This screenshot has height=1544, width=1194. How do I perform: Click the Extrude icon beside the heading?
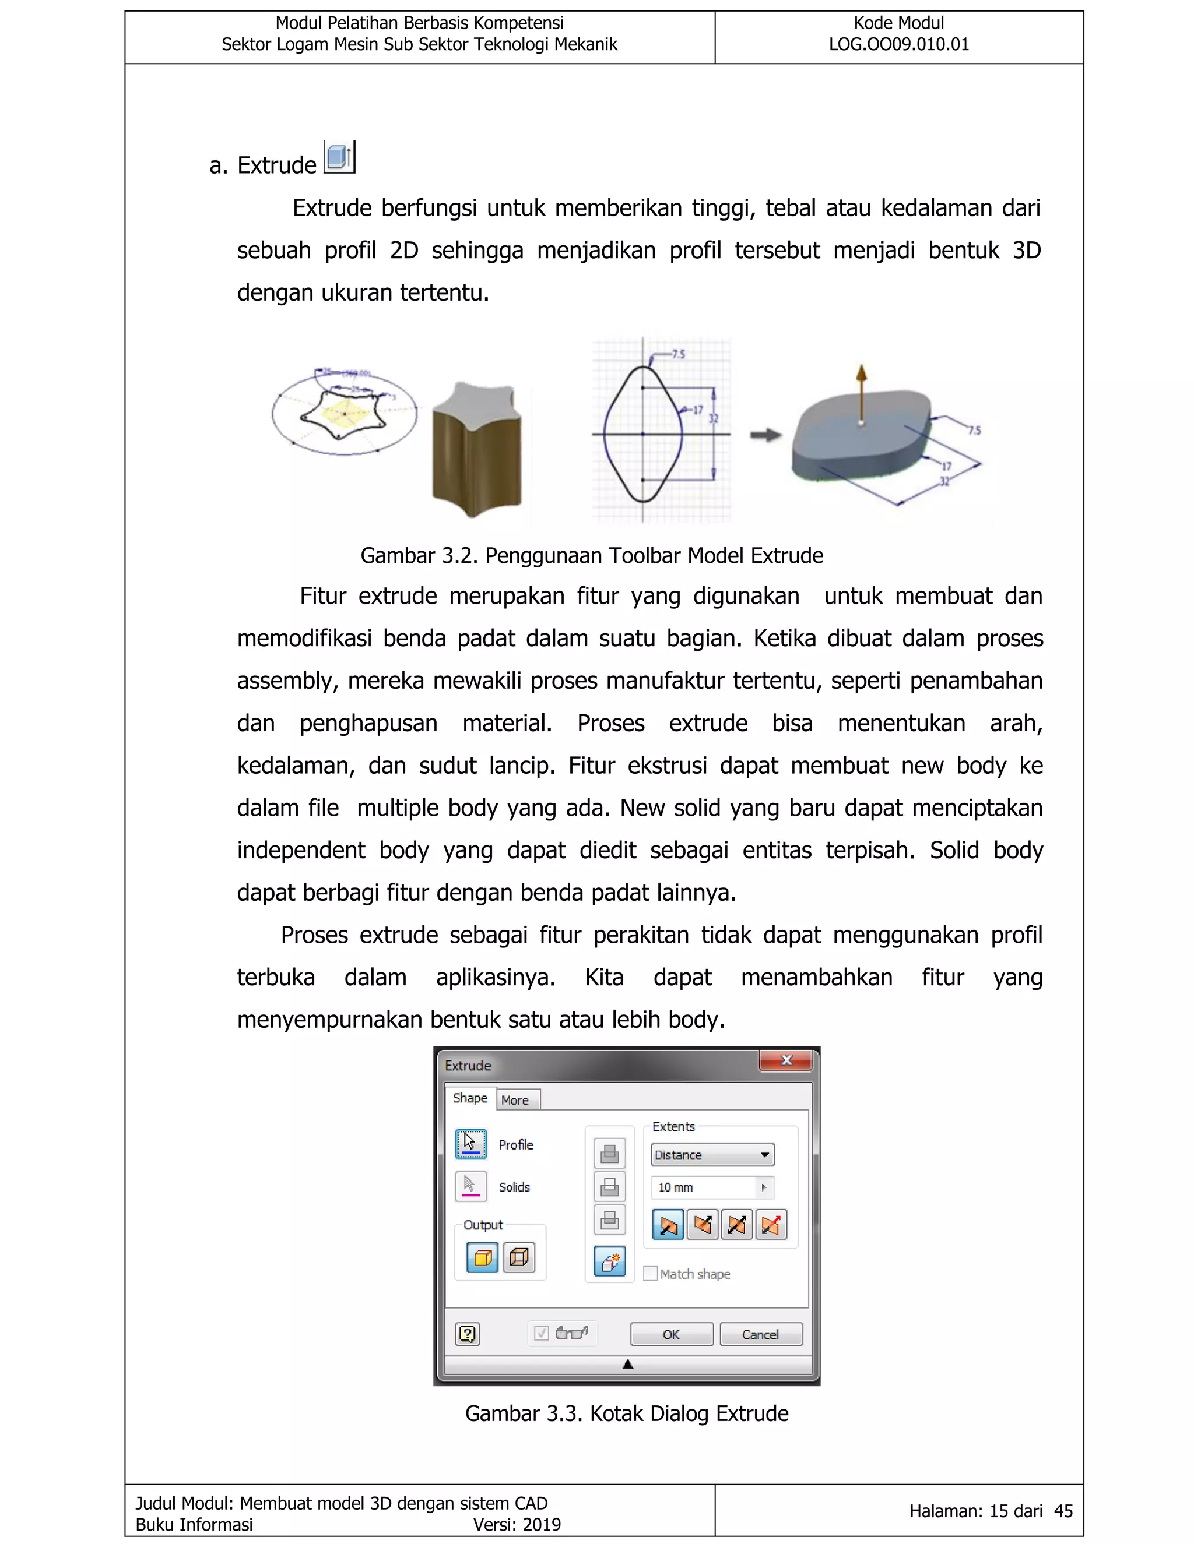[x=339, y=157]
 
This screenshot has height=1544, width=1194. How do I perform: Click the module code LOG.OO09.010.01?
[x=898, y=44]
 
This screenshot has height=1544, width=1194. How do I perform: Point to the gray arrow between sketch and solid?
[x=766, y=435]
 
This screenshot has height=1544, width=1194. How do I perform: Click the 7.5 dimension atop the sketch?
[x=677, y=354]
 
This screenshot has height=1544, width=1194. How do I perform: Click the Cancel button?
[x=760, y=1334]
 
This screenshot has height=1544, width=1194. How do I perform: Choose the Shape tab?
[x=470, y=1098]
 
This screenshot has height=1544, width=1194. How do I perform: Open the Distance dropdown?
[x=712, y=1154]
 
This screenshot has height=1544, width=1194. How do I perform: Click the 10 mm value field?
[x=704, y=1187]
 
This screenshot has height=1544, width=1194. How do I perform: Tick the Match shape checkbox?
[x=650, y=1273]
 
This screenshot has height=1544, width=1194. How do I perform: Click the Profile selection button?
[x=470, y=1144]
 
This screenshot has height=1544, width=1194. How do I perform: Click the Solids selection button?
[x=470, y=1186]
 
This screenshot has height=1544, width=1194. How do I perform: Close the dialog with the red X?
[x=786, y=1060]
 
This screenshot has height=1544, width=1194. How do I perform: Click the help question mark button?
[x=468, y=1334]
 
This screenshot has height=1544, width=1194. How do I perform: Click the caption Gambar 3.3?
[x=627, y=1414]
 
